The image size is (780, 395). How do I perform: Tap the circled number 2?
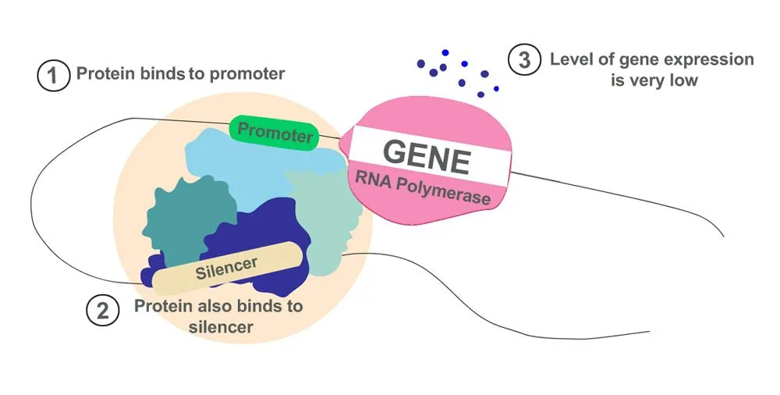tap(102, 311)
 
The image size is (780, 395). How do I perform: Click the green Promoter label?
tap(275, 132)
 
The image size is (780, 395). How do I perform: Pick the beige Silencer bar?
tap(226, 268)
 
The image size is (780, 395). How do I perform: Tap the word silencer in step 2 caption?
tap(221, 326)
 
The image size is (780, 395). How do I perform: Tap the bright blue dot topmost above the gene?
tap(445, 52)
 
